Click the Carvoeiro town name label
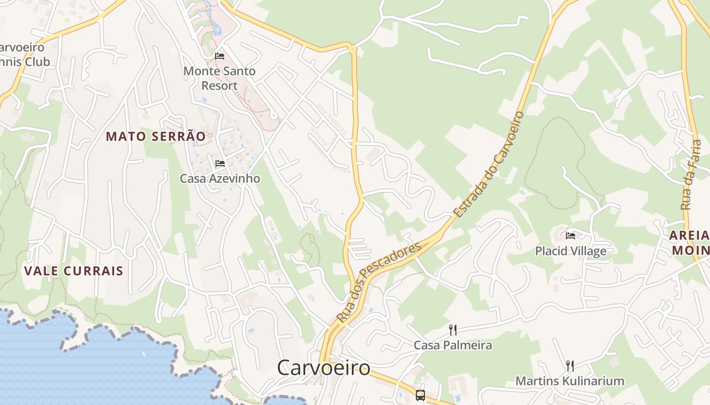(x=324, y=368)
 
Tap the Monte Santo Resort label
(x=220, y=78)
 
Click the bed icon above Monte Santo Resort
(x=220, y=56)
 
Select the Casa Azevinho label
(x=220, y=178)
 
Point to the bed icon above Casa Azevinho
(x=220, y=164)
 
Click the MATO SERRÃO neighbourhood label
(x=156, y=136)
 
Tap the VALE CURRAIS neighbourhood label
(x=74, y=271)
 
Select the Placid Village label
(x=571, y=251)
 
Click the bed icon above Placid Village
(x=571, y=235)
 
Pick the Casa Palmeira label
(x=453, y=345)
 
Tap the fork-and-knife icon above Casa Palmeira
(x=453, y=330)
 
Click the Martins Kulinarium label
(x=570, y=381)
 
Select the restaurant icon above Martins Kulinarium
(x=570, y=366)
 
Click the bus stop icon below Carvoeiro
(x=420, y=395)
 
